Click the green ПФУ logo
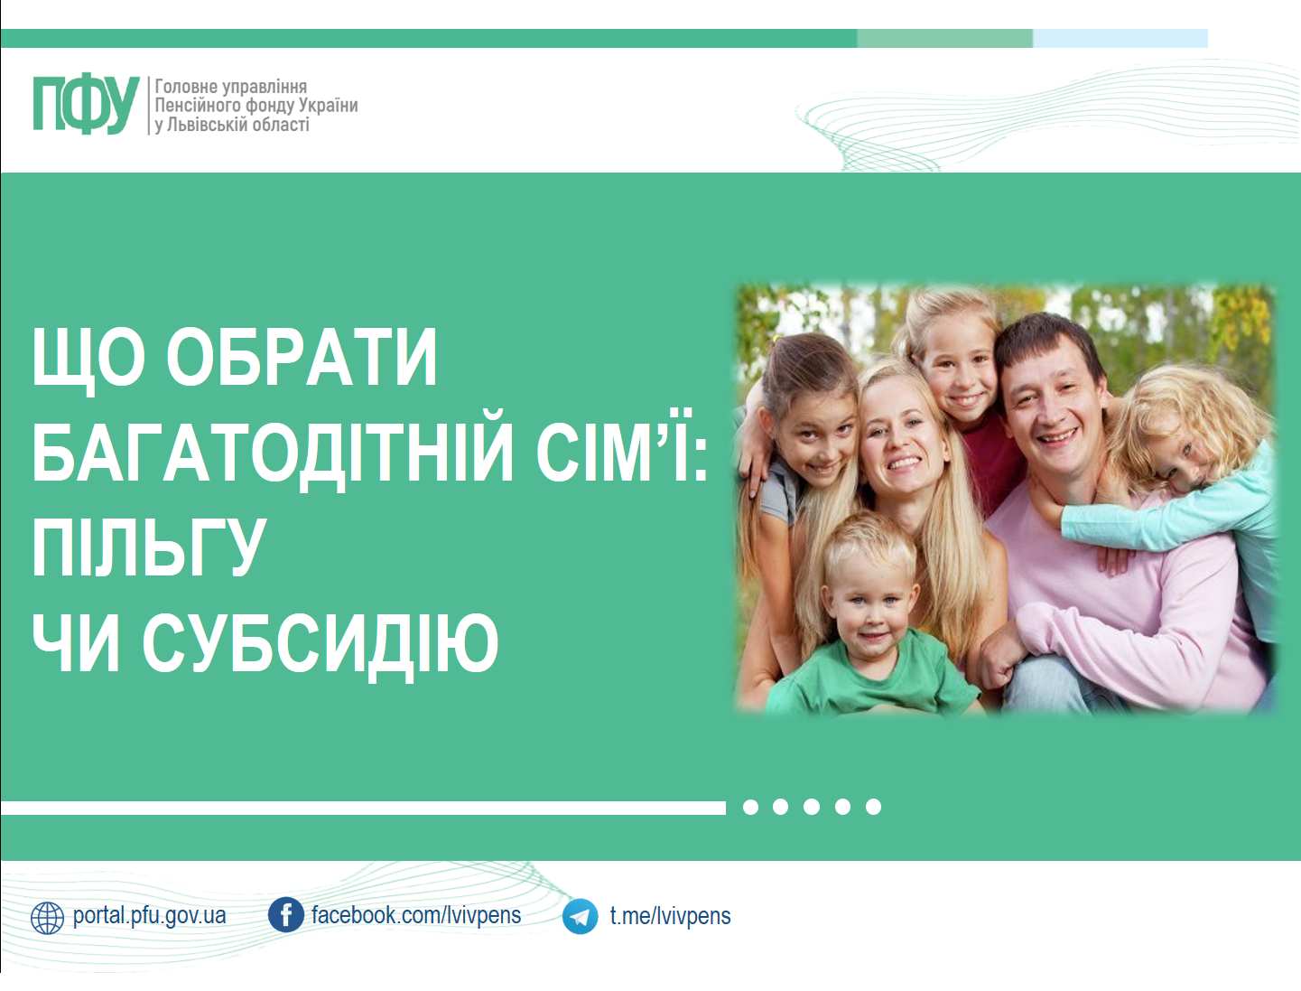coord(87,103)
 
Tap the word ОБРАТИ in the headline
coord(302,358)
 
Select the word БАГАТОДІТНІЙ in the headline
coord(272,453)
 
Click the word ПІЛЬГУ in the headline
coord(149,548)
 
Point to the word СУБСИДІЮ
coord(321,645)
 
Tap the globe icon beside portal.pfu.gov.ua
coord(48,918)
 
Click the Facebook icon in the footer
coord(285,914)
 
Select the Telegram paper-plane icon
coord(580,917)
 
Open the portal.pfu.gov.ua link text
coord(149,916)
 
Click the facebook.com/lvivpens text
coord(416,915)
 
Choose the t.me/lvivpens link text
coord(670,916)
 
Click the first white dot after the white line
coord(750,807)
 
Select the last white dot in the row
coord(873,807)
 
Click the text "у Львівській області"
coord(232,126)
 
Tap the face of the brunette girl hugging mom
coord(815,439)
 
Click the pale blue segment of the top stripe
coord(1120,39)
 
